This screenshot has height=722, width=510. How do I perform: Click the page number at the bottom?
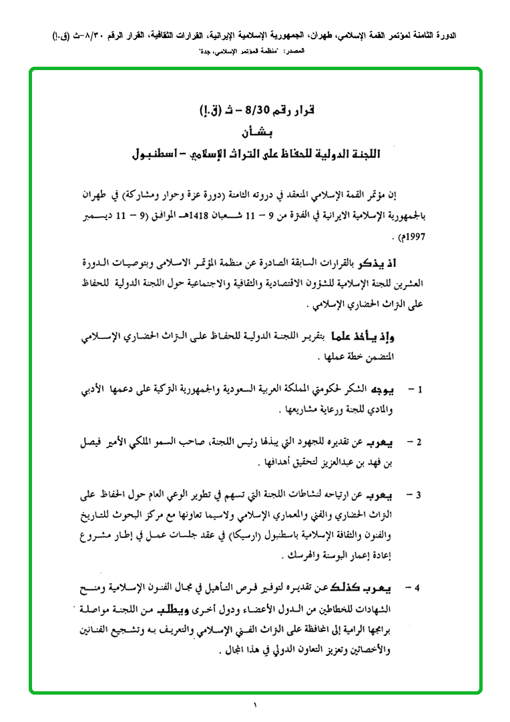coord(254,705)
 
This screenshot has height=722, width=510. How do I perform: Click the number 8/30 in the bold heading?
coord(257,109)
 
